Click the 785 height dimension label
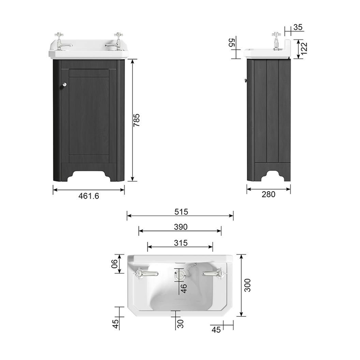pos(136,120)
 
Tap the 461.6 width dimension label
pos(88,196)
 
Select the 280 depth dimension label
pos(268,194)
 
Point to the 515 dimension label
pos(181,212)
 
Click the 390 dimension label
pos(181,227)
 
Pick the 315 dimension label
pos(181,243)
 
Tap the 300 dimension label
pos(247,285)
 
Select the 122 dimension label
pos(304,49)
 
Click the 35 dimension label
pos(298,27)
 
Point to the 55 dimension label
pos(232,43)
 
